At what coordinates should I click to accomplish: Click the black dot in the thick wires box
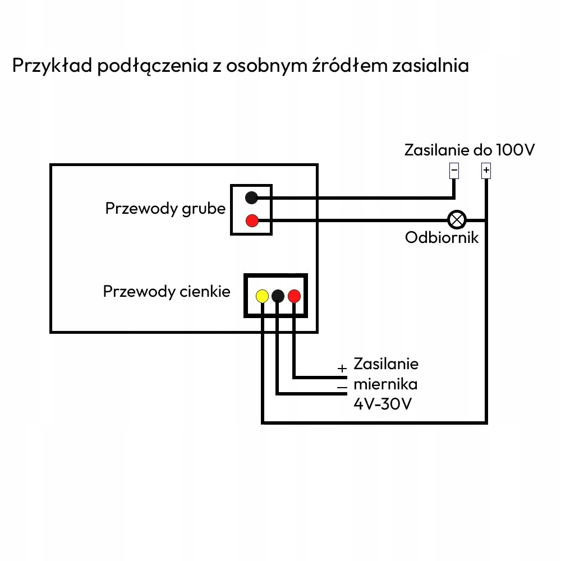click(x=252, y=197)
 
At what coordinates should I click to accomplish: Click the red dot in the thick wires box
click(x=252, y=220)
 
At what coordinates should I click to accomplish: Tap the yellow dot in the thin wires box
click(x=262, y=296)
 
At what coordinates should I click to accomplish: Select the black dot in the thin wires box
click(x=278, y=296)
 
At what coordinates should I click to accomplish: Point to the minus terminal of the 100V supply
click(x=454, y=170)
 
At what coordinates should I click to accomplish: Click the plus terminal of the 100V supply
click(x=486, y=170)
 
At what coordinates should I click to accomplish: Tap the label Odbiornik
click(x=442, y=238)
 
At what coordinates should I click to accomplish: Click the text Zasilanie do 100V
click(x=470, y=150)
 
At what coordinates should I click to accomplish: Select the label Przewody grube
click(x=165, y=209)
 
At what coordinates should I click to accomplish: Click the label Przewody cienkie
click(x=167, y=292)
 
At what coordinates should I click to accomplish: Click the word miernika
click(x=385, y=384)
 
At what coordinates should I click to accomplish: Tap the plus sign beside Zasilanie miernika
click(x=342, y=369)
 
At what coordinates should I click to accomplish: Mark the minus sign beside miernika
click(x=342, y=387)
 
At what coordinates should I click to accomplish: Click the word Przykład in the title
click(x=50, y=66)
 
